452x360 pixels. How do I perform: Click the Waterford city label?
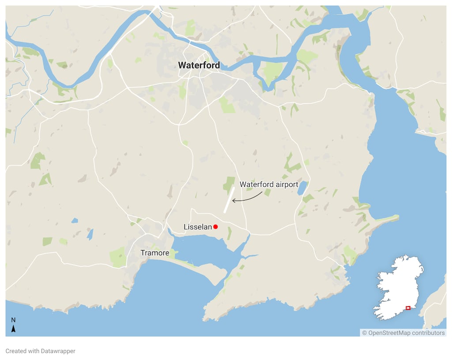pos(199,65)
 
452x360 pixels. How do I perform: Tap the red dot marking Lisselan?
pos(215,227)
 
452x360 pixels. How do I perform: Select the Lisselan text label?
pos(198,227)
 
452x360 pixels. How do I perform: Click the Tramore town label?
pos(154,253)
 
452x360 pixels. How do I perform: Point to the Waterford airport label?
pos(269,184)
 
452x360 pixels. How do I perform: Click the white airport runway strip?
pos(229,200)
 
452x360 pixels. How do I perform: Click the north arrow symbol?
pos(13,329)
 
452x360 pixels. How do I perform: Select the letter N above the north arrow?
pos(13,320)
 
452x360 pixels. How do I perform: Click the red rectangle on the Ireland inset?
pos(408,307)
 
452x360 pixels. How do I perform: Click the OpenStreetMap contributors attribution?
pos(403,333)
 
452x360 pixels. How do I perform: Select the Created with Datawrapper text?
pos(40,351)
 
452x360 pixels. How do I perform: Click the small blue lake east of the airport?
pos(301,188)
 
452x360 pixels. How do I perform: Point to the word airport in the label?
pos(286,184)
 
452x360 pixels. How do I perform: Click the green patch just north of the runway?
pos(229,183)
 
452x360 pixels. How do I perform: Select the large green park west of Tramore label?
pos(118,257)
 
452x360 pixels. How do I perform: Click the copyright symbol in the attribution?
pos(365,333)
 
